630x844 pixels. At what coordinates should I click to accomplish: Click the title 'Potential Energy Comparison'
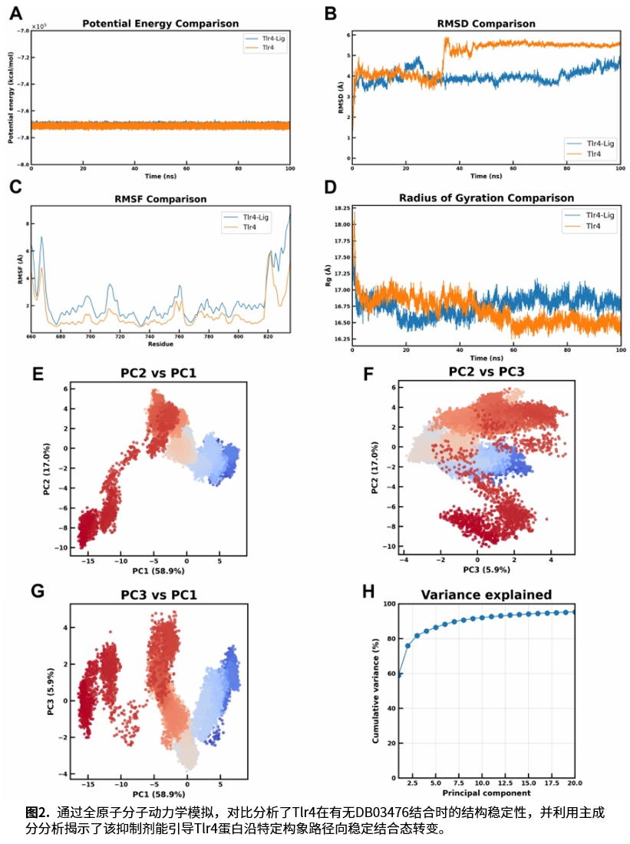point(160,24)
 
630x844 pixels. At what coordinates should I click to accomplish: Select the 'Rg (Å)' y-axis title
point(328,274)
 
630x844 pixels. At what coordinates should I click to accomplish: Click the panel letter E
point(37,374)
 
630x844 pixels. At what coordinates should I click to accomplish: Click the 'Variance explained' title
point(486,594)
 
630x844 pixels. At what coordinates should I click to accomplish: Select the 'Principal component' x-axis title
point(487,792)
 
